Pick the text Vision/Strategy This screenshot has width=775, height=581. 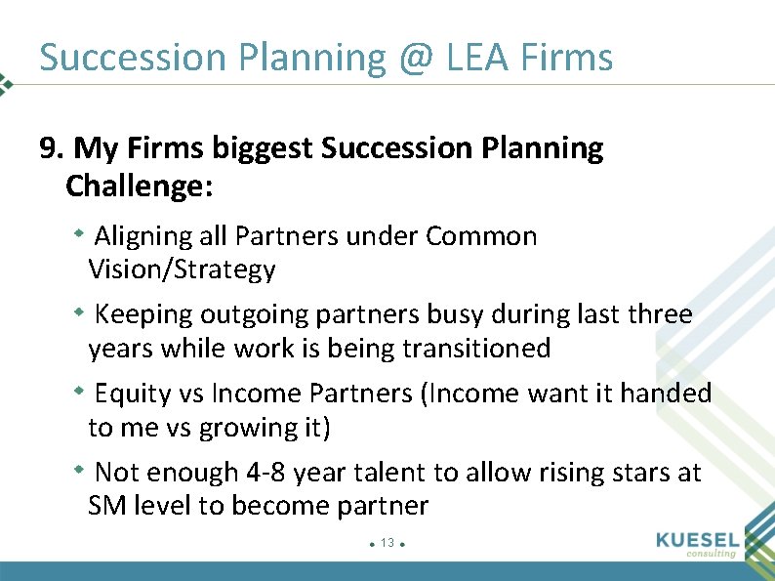coord(182,269)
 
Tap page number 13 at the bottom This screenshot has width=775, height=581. coord(387,543)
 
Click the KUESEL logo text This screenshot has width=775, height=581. coord(698,539)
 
